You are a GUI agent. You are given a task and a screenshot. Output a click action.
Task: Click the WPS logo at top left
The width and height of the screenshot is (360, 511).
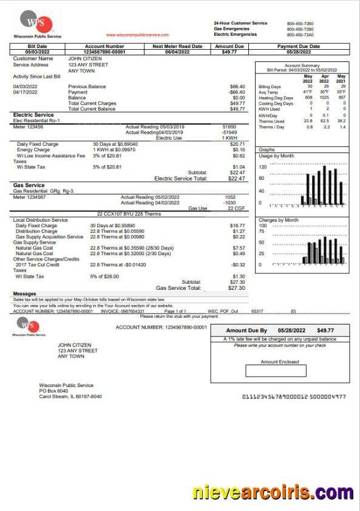36,23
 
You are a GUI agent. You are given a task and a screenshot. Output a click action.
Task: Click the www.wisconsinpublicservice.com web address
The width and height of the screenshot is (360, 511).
137,35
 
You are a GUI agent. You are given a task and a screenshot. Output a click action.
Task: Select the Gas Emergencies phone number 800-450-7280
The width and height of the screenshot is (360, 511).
300,29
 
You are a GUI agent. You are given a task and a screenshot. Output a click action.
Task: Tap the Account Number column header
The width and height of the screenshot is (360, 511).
104,46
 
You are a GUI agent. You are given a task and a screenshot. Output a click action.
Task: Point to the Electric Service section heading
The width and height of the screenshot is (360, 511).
34,114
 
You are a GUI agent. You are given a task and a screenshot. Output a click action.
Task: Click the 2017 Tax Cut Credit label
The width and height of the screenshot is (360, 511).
37,265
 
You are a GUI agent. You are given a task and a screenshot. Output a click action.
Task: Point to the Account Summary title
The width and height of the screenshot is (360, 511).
302,65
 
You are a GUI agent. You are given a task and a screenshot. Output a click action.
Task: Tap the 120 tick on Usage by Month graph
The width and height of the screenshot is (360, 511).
263,166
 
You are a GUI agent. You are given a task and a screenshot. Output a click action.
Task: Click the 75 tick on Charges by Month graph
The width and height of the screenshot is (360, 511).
262,231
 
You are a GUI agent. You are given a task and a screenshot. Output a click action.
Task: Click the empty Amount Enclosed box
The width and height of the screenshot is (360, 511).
271,371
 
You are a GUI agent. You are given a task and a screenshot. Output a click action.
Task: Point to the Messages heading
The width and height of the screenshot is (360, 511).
24,294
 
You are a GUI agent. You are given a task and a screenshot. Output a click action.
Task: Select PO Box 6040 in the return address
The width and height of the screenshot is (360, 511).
53,391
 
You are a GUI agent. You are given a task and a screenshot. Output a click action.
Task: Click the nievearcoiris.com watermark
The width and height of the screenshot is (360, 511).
273,492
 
